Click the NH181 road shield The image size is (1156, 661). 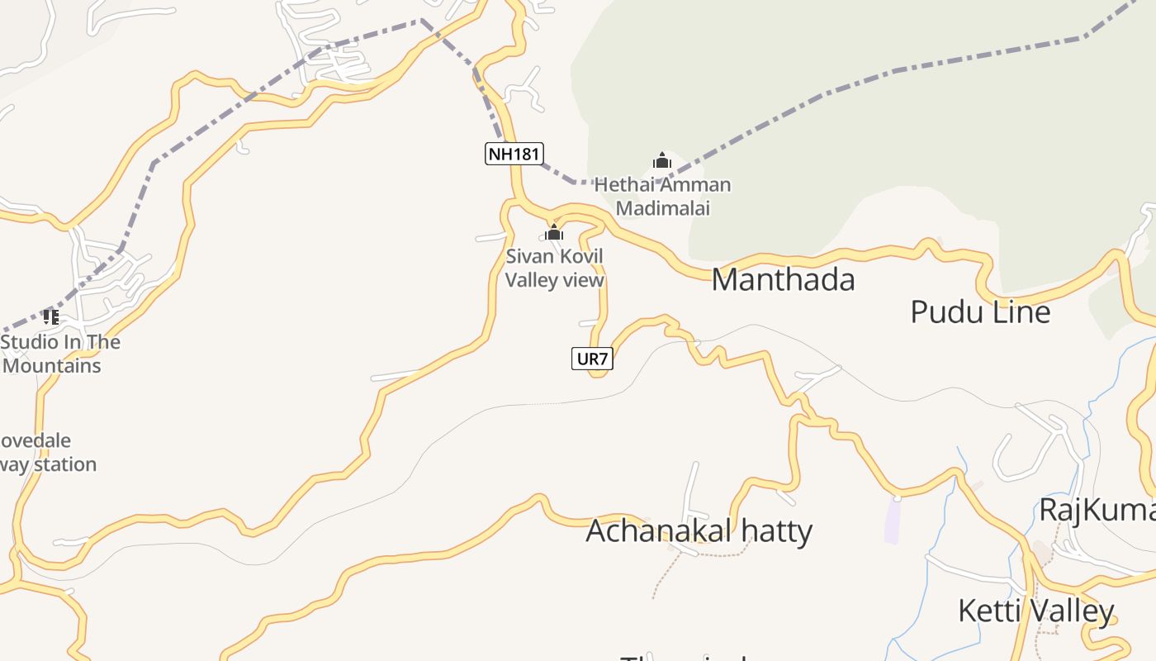pos(514,153)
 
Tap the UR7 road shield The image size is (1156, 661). pos(592,359)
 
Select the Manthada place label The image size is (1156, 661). pos(783,280)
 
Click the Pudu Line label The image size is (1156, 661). pos(980,312)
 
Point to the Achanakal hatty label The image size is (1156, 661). pos(699,530)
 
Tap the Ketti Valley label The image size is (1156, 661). pos(1035,611)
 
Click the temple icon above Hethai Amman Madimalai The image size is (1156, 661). pos(661,160)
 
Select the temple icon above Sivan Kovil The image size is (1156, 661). pos(553,232)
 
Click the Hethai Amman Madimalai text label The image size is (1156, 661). pos(662,196)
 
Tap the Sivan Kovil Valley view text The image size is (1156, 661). pos(554,268)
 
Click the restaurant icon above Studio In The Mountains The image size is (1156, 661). pos(51,316)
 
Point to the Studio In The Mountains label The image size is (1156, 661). pos(60,354)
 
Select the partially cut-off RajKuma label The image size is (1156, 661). pos(1097,510)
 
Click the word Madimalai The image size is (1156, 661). pos(662,208)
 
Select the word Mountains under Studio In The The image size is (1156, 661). pos(52,365)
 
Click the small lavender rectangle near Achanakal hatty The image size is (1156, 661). pos(892,521)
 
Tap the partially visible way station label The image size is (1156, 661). pos(48,464)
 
